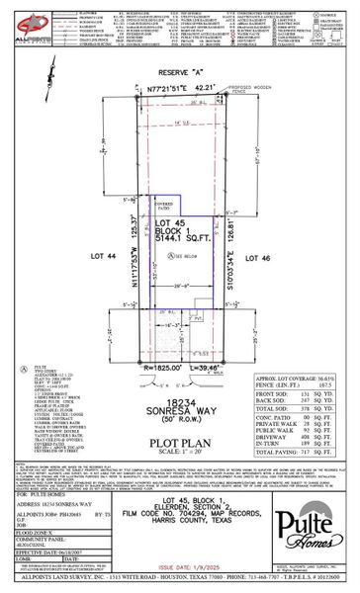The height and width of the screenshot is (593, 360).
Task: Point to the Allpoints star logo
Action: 30,22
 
